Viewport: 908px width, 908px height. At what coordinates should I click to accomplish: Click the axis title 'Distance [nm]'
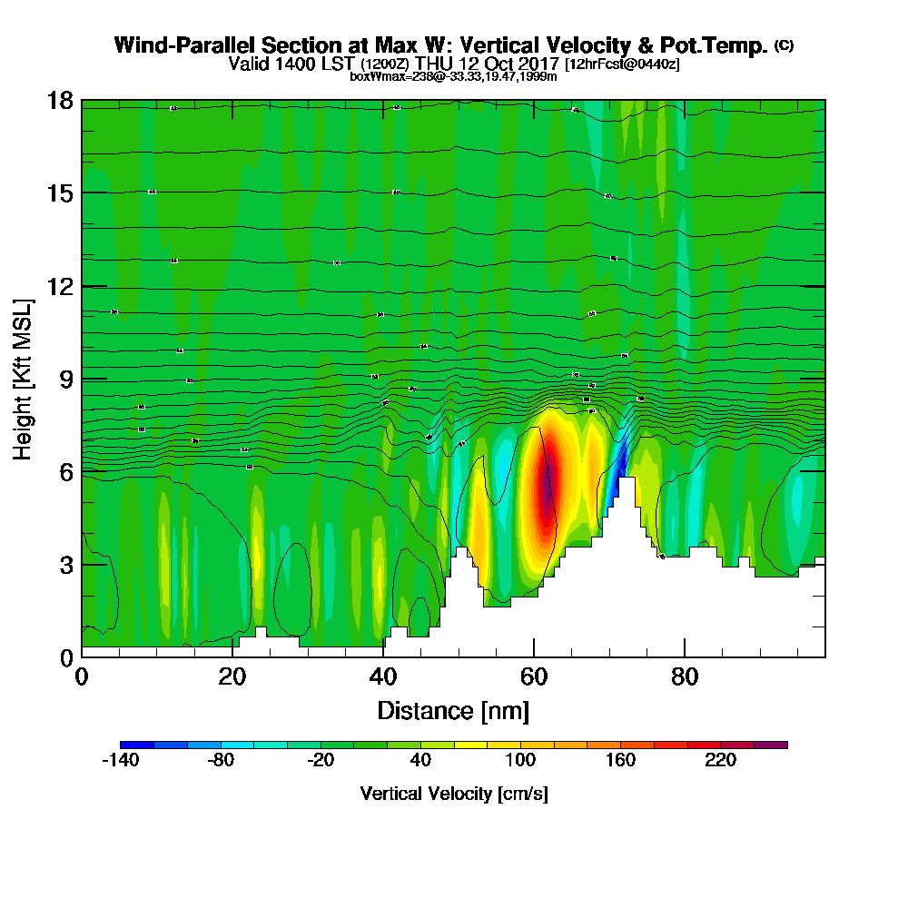pyautogui.click(x=453, y=709)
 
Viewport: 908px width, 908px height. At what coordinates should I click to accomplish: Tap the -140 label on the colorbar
pyautogui.click(x=119, y=762)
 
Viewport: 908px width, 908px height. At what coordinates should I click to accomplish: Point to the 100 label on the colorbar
pyautogui.click(x=520, y=762)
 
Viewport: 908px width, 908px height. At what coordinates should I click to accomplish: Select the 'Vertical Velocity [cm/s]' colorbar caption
pyautogui.click(x=453, y=794)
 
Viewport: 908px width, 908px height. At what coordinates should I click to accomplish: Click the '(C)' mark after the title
pyautogui.click(x=784, y=45)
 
